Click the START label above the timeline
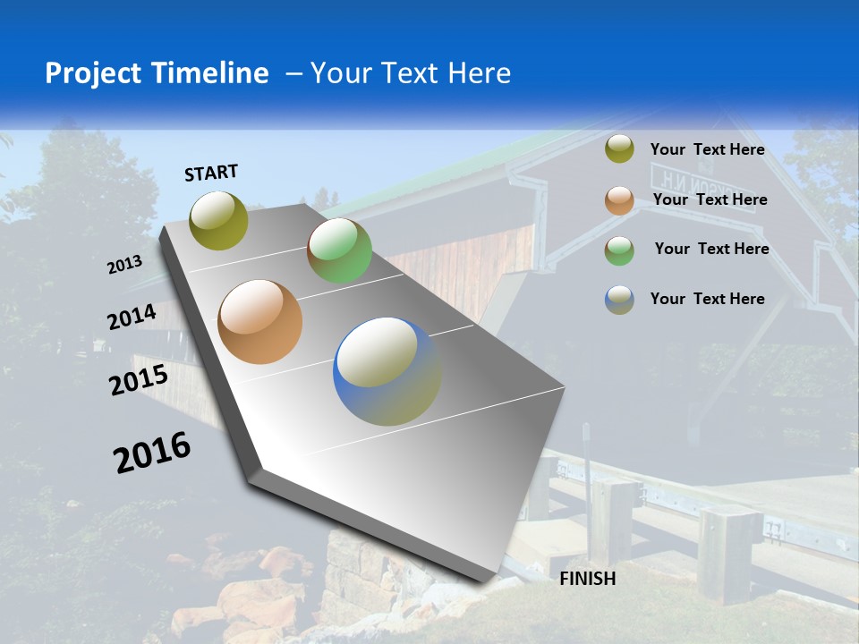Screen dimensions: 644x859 [211, 173]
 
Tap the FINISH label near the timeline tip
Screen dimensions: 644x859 [587, 579]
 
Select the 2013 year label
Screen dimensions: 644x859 [125, 264]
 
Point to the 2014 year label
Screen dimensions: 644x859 [132, 317]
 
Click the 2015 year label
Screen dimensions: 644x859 [138, 380]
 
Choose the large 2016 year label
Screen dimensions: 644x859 [152, 453]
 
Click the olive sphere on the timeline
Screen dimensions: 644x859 [218, 220]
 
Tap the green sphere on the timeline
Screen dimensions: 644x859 [339, 250]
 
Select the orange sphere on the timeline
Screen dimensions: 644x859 [259, 322]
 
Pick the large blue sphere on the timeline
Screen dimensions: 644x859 [387, 371]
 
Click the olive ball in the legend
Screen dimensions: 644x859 [619, 149]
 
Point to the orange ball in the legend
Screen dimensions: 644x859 [619, 200]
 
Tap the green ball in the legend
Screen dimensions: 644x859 [619, 250]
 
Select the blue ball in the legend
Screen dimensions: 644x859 [619, 300]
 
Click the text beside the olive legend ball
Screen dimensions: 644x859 [707, 150]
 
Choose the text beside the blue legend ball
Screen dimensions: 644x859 [707, 299]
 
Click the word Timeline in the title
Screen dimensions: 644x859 [212, 73]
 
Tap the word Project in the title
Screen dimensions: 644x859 [87, 73]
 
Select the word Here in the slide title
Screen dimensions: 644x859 [479, 73]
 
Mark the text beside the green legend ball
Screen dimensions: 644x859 [711, 249]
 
